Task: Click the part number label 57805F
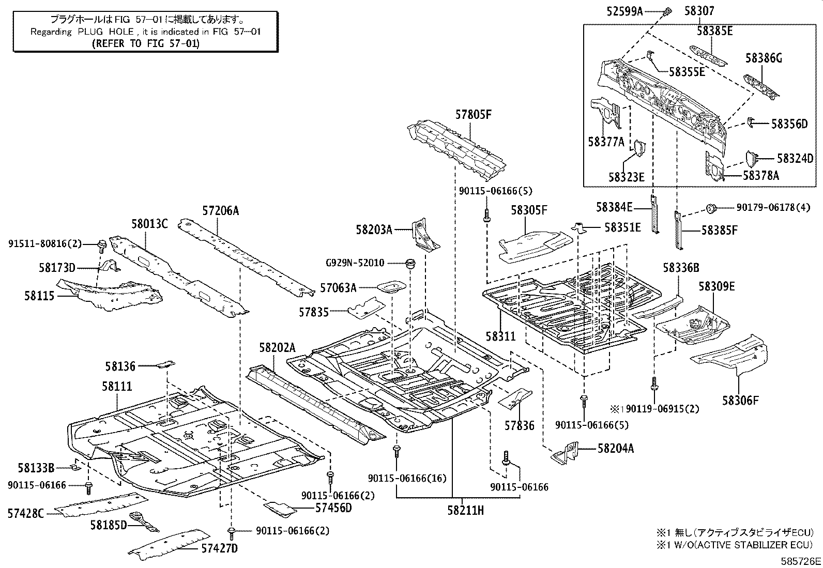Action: click(473, 115)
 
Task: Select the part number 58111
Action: click(117, 387)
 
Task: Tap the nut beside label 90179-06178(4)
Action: click(711, 209)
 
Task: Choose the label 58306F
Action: click(740, 400)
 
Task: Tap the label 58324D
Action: click(795, 159)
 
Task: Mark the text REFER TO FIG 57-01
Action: click(145, 43)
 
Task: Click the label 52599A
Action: click(624, 11)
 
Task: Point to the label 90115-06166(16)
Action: click(415, 479)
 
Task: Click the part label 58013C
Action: click(149, 224)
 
